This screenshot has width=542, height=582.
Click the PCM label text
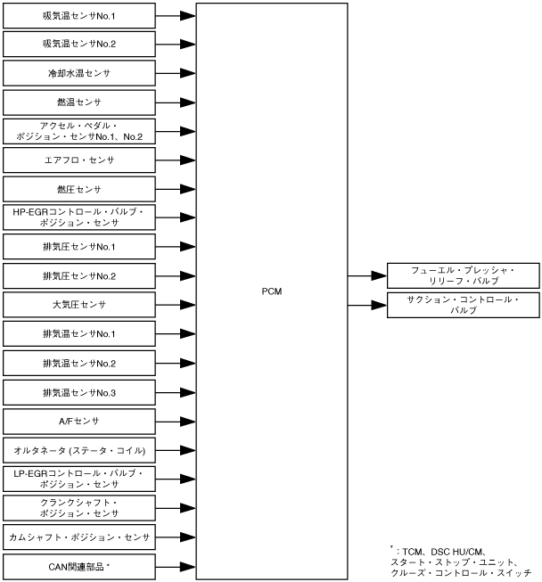273,291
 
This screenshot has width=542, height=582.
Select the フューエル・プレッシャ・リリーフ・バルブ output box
462,275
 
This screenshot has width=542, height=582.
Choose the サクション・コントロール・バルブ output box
462,305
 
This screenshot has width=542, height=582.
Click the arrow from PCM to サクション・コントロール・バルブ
366,306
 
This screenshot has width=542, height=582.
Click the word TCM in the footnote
413,552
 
